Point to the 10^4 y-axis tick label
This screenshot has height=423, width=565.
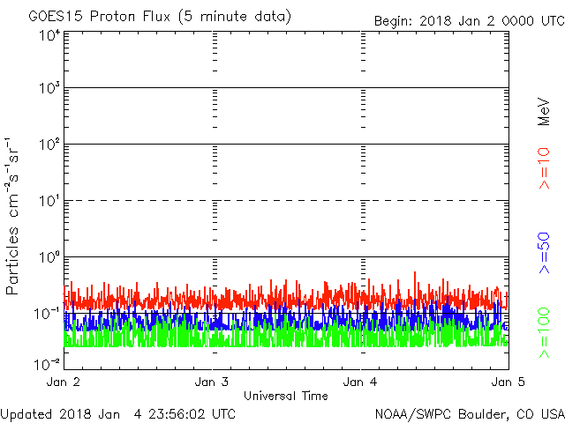(x=49, y=35)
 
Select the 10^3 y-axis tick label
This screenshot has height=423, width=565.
(x=49, y=89)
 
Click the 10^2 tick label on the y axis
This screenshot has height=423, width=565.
(x=49, y=145)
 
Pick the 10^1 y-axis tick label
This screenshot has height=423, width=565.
(x=49, y=201)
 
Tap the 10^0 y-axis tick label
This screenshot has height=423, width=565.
(x=49, y=257)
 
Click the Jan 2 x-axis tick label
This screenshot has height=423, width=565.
(x=64, y=382)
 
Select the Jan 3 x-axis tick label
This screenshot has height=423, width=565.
(x=212, y=382)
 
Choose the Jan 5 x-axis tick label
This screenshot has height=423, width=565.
(x=505, y=382)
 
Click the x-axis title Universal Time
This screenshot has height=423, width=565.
(x=285, y=396)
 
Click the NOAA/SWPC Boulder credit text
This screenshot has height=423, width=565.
(x=469, y=412)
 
